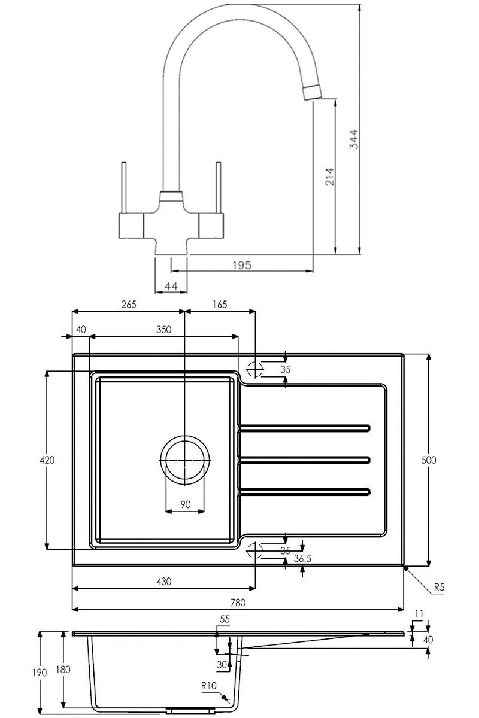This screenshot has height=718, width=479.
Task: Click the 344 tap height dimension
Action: [354, 139]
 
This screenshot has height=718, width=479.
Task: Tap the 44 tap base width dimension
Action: [171, 287]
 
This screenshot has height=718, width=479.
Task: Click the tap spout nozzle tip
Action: [311, 92]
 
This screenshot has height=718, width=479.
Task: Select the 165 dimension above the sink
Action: [219, 304]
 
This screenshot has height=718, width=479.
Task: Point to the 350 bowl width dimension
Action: [163, 329]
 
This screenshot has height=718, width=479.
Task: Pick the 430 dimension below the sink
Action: [164, 581]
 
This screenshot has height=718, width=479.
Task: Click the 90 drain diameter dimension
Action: [185, 504]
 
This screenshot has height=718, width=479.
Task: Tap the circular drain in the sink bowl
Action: [185, 459]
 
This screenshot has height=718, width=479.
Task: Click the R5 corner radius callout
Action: [439, 588]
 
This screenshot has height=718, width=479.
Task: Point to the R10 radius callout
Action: [208, 686]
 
